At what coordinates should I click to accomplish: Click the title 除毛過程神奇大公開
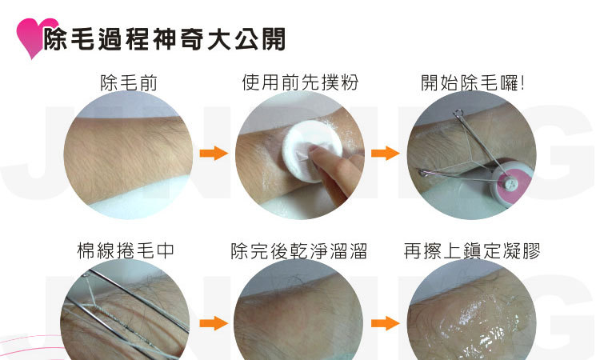pyautogui.click(x=165, y=39)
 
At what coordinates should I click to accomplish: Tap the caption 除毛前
pyautogui.click(x=129, y=82)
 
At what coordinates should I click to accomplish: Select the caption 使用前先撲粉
pyautogui.click(x=300, y=82)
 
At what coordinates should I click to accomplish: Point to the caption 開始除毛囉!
pyautogui.click(x=473, y=82)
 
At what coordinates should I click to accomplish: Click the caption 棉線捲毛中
pyautogui.click(x=126, y=251)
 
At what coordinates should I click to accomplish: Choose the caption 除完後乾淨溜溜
pyautogui.click(x=299, y=251)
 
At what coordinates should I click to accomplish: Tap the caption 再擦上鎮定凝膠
pyautogui.click(x=472, y=251)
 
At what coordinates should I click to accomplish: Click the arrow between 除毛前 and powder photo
pyautogui.click(x=214, y=153)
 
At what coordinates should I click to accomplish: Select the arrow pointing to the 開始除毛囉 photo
pyautogui.click(x=386, y=153)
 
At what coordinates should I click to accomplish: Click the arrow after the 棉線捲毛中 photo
pyautogui.click(x=214, y=323)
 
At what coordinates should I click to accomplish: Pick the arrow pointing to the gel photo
pyautogui.click(x=386, y=323)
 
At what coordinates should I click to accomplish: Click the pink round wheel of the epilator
pyautogui.click(x=511, y=184)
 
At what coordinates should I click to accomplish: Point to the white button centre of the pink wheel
pyautogui.click(x=510, y=185)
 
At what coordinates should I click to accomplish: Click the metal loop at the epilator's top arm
pyautogui.click(x=458, y=113)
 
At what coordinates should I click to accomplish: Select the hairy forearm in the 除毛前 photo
pyautogui.click(x=128, y=157)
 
